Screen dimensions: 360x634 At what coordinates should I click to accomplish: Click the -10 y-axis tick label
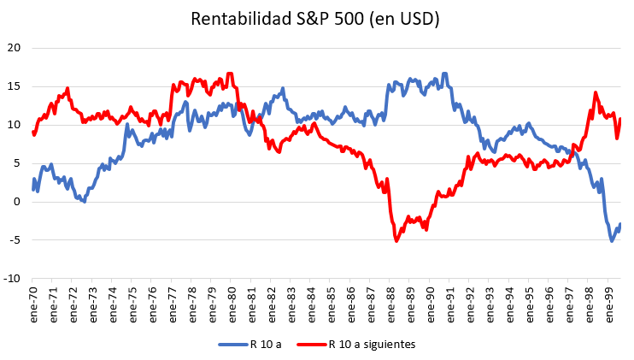tap(13, 279)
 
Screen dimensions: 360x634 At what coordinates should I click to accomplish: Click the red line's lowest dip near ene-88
tap(396, 240)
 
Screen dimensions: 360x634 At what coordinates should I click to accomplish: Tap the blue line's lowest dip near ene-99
tap(612, 240)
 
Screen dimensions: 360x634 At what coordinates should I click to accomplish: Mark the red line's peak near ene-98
tap(596, 93)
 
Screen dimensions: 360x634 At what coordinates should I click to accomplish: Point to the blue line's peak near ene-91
tap(444, 74)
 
